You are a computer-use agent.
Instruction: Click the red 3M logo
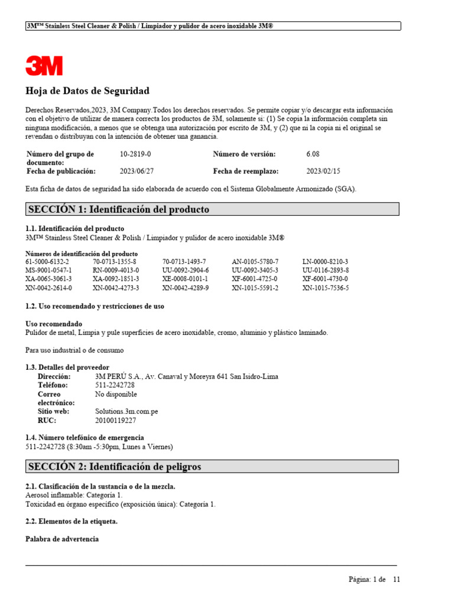tap(44, 65)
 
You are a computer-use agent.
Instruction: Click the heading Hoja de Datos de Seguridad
tap(87, 91)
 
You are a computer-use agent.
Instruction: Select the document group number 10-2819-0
tap(135, 154)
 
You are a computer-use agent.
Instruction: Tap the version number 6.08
tap(313, 154)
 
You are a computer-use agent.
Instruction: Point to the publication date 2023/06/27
tap(137, 171)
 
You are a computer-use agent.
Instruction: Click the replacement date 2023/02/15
tap(323, 171)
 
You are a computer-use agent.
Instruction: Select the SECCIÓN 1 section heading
tap(118, 210)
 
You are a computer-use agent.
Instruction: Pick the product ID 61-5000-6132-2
tap(47, 261)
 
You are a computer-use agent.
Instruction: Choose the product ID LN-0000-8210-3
tap(325, 261)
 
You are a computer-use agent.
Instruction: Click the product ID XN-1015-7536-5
tap(326, 288)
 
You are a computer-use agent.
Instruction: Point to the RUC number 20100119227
tap(115, 421)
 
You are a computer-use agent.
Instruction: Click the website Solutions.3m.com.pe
tap(127, 411)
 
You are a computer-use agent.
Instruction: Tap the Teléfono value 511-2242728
tap(115, 385)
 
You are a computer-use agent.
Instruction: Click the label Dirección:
tap(54, 376)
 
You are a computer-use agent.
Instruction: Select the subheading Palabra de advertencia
tap(62, 539)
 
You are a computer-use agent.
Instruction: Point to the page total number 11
tap(397, 580)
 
